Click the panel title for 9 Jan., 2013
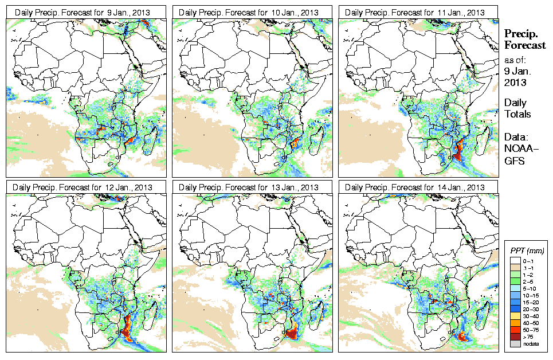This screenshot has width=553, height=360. pos(83,13)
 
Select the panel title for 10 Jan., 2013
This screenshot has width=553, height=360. pos(249,13)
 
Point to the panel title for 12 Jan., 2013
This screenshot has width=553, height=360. pos(83,187)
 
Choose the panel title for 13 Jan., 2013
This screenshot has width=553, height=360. pos(249,187)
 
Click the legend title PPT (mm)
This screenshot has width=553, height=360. pos(527,251)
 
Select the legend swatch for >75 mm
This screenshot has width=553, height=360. pos(515,336)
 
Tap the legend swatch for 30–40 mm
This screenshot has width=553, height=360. pos(515,316)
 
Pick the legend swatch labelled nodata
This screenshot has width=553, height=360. pos(515,343)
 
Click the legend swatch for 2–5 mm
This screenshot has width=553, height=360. pos(515,281)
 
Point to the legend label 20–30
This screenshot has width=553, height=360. pos(531,309)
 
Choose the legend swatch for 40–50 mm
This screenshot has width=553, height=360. pos(515,323)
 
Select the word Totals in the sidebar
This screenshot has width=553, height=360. pos(517,114)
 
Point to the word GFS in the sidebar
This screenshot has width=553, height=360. pos(514,162)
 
